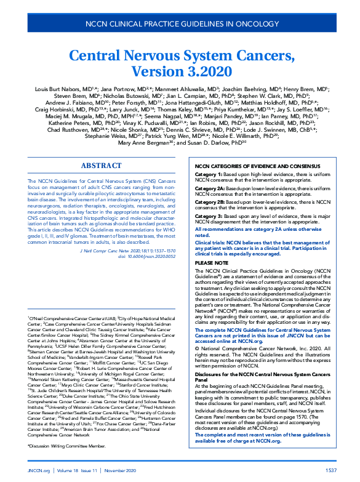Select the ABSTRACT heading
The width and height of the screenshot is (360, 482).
tap(102, 166)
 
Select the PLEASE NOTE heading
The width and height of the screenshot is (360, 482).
tap(211, 262)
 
